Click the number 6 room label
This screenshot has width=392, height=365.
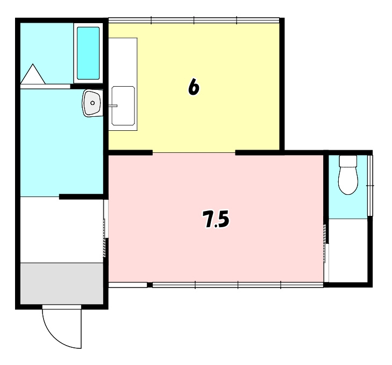tap(194, 87)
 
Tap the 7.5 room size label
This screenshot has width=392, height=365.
tap(216, 219)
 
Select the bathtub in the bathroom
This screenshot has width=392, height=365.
tap(88, 53)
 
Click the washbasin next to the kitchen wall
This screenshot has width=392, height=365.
tap(92, 103)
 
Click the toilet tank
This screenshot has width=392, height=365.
tap(348, 161)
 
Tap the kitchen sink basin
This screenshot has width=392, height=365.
tap(123, 106)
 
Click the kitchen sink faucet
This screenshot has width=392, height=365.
tap(113, 106)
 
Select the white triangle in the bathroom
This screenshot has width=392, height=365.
tap(33, 74)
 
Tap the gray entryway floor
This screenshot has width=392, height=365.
tap(62, 283)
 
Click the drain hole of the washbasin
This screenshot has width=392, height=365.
tap(92, 103)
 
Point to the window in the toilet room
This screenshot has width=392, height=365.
tap(370, 186)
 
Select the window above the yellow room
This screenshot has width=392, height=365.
tap(194, 20)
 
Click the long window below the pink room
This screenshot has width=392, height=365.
tap(238, 285)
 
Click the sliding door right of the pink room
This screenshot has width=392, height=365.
tap(326, 253)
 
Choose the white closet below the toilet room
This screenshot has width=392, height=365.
tap(348, 250)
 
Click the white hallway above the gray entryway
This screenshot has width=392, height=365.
tap(62, 230)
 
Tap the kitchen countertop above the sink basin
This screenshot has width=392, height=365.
tap(123, 62)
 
